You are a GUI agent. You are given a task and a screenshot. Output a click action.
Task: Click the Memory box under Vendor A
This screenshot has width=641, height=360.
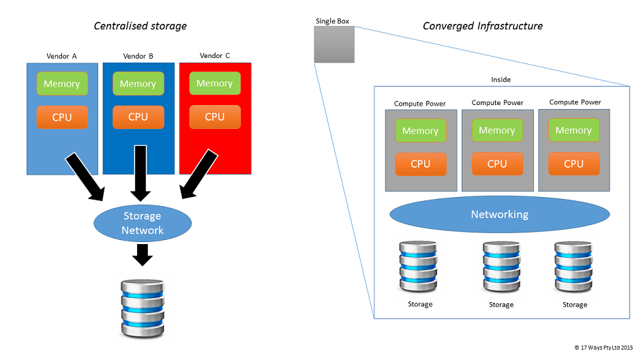tap(62, 84)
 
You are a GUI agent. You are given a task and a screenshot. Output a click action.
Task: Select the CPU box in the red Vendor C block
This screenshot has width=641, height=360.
tap(215, 117)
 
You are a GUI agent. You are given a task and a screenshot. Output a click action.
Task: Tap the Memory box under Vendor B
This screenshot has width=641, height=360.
tap(138, 84)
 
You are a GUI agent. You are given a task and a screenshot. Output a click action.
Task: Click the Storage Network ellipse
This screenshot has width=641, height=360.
tap(143, 223)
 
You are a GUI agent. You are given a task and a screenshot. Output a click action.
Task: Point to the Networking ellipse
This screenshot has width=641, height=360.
tap(499, 214)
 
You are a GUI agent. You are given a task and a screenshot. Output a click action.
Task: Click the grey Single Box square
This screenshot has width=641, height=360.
tap(334, 45)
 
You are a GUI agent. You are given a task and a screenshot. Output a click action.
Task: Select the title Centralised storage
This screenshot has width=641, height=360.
tap(140, 26)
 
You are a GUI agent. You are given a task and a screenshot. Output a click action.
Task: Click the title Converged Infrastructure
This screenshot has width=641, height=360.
tap(483, 26)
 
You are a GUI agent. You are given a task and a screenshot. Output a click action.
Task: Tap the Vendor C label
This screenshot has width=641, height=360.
tap(215, 55)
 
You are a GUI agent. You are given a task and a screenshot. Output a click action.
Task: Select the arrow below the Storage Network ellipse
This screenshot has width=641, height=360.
tap(143, 255)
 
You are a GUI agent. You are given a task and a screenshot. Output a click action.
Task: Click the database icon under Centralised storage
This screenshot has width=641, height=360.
tap(142, 309)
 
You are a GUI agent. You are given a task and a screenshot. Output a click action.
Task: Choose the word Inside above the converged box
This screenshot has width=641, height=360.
tap(501, 80)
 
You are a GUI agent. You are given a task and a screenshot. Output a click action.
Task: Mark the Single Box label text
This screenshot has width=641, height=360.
tap(333, 21)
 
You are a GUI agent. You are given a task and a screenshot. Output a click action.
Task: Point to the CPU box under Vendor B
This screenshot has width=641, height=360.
tap(138, 117)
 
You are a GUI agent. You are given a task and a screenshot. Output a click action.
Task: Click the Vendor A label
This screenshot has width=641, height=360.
tap(62, 55)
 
